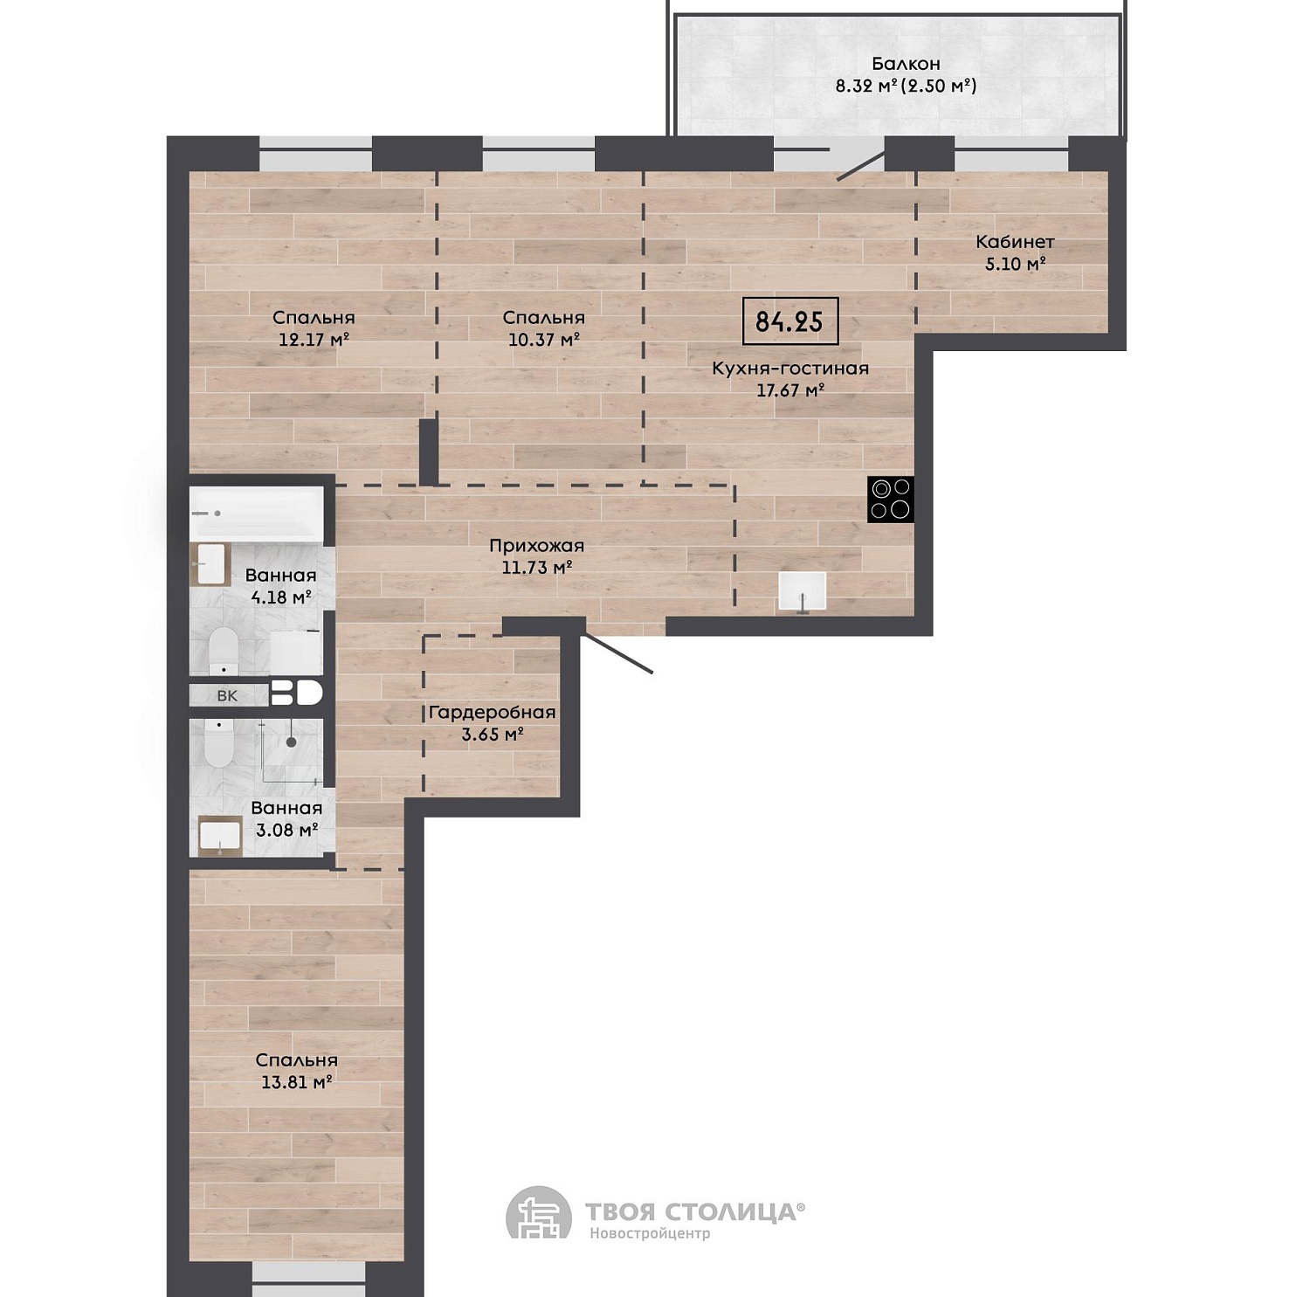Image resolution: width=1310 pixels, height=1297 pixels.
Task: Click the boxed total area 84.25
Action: [x=789, y=321]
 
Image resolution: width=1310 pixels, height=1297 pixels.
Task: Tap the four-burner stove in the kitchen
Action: [x=890, y=500]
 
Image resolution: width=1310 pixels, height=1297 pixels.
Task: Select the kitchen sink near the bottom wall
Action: [x=803, y=592]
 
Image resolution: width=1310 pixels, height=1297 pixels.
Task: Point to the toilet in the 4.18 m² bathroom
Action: [x=224, y=650]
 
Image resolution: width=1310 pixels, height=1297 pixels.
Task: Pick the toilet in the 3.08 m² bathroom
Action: [x=218, y=742]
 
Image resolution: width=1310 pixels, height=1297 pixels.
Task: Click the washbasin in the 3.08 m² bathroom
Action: [x=220, y=837]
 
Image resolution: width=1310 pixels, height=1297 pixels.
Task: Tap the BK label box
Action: [x=227, y=695]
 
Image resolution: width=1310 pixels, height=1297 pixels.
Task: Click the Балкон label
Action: [x=906, y=64]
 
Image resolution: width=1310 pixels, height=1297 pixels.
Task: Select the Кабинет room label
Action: [x=1015, y=242]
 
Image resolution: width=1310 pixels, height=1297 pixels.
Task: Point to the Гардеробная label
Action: [x=492, y=713]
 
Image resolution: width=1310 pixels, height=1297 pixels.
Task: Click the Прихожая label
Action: [x=536, y=546]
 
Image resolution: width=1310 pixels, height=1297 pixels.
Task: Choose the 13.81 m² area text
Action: [x=297, y=1082]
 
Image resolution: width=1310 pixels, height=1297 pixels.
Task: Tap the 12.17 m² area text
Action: [x=314, y=340]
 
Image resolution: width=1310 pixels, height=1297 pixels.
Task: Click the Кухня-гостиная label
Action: [x=790, y=369]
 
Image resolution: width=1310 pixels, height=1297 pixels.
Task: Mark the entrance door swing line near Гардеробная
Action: [x=617, y=652]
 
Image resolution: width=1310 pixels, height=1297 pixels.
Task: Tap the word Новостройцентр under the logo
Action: [x=650, y=1233]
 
